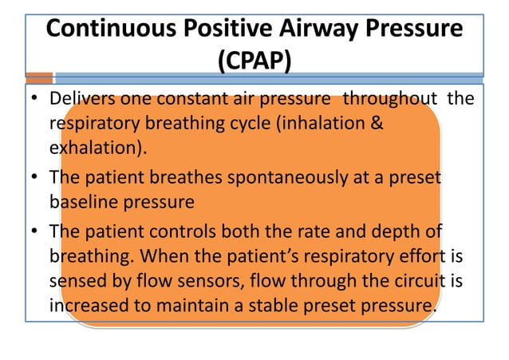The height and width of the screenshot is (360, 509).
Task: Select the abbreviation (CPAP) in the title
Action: coord(254,60)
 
